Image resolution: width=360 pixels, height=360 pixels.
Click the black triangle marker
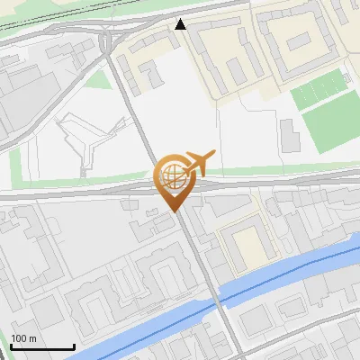coord(181,24)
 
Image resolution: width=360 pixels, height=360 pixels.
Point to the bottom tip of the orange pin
coord(174,211)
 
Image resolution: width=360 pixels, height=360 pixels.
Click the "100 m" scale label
coord(23,338)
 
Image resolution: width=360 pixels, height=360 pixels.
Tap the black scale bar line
coord(41,346)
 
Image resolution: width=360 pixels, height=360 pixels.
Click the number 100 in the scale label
coord(19,338)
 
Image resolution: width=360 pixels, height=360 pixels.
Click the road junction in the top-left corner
coord(109,41)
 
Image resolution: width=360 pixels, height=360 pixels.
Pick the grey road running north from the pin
coord(139,117)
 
